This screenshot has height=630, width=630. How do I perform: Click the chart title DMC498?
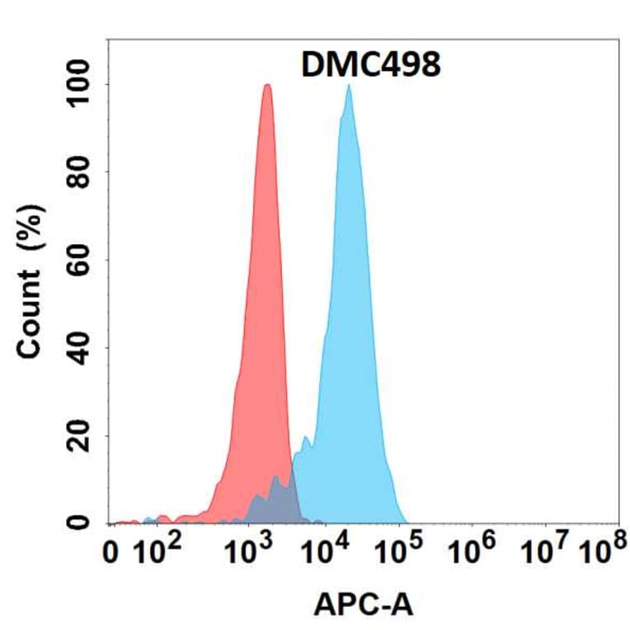coord(371,64)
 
